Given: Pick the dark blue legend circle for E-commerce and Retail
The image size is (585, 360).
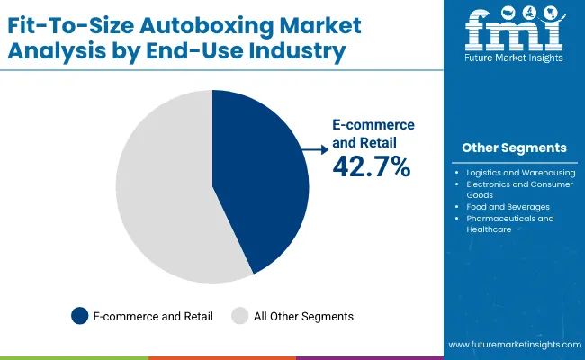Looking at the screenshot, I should coord(80,316).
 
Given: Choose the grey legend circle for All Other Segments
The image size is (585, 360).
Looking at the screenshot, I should coord(239,316).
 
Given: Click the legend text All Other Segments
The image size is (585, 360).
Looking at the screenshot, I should coord(302,316).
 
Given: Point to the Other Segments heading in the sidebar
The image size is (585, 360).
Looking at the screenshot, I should coord(514,148).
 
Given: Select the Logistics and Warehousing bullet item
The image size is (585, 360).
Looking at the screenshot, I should coord(514,171).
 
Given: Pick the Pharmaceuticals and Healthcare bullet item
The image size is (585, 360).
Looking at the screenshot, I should coord(509,223).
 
